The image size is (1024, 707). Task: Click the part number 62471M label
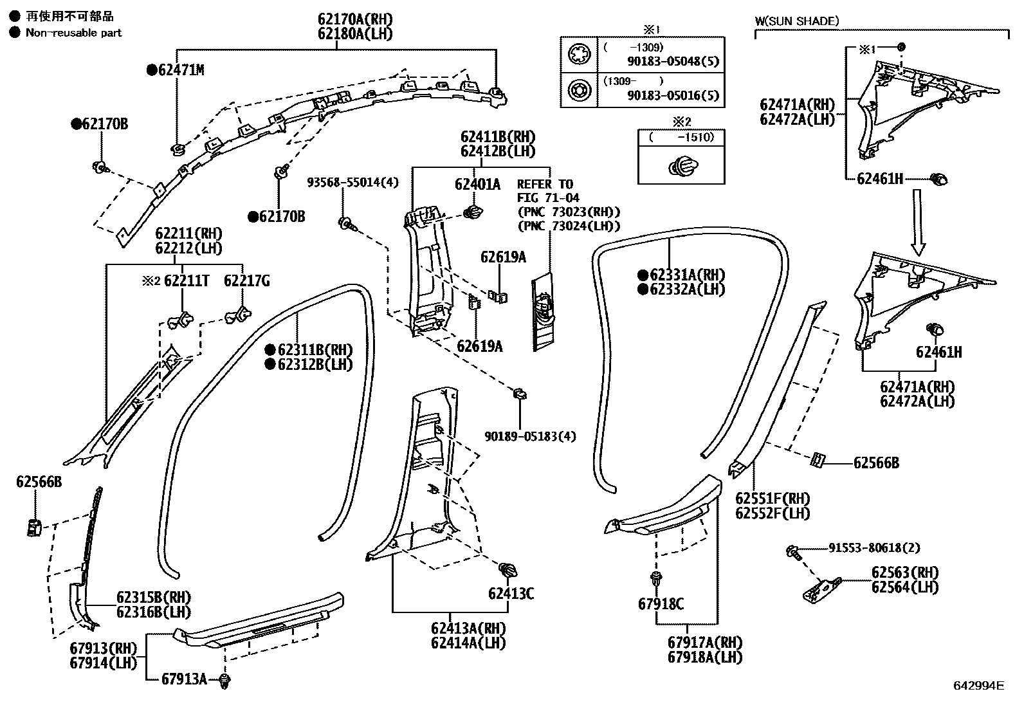(181, 69)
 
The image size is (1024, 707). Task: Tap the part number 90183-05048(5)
(673, 62)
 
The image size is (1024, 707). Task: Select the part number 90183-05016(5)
(673, 96)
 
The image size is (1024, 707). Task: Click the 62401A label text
(477, 185)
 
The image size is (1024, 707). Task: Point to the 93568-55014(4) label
(352, 183)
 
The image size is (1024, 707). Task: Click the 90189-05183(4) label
(530, 436)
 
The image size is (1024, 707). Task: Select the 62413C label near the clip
(511, 593)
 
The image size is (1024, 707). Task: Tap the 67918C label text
(661, 604)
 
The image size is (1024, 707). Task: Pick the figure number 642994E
(978, 686)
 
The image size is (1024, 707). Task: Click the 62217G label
(246, 280)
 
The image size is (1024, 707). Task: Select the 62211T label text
(187, 280)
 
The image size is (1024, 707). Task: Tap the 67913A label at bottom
(184, 679)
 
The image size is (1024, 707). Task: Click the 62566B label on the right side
(876, 463)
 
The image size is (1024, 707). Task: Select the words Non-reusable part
(73, 33)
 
